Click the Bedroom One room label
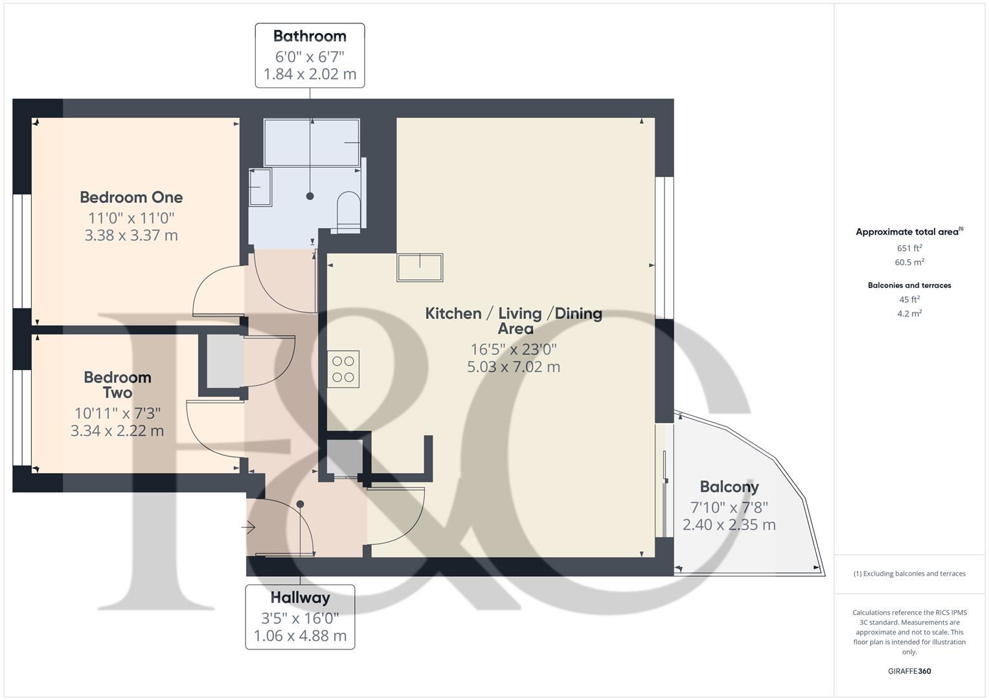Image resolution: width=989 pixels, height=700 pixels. (131, 197)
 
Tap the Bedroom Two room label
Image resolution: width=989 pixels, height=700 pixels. (117, 384)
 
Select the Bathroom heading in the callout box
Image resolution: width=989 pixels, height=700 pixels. (310, 36)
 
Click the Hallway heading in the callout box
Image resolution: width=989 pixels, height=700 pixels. (300, 598)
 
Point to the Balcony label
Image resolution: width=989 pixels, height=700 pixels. (729, 487)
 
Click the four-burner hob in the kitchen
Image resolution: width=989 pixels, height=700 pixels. (343, 369)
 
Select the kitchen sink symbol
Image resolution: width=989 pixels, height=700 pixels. (420, 267)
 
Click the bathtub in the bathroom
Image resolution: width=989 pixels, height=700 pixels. (312, 142)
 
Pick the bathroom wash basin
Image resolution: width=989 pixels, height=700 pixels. (260, 187)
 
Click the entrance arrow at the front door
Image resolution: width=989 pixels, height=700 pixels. (249, 528)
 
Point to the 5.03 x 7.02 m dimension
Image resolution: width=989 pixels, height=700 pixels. (514, 367)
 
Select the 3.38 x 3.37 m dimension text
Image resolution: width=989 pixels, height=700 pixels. (131, 235)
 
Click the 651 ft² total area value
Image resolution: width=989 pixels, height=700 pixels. (909, 248)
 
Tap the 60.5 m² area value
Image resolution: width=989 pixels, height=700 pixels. (909, 262)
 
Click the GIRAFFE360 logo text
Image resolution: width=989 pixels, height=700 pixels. (909, 671)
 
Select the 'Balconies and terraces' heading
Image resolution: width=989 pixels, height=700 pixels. (909, 285)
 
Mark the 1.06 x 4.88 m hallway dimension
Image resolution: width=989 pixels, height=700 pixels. (300, 636)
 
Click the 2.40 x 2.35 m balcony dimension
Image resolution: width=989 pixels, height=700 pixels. (729, 525)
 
